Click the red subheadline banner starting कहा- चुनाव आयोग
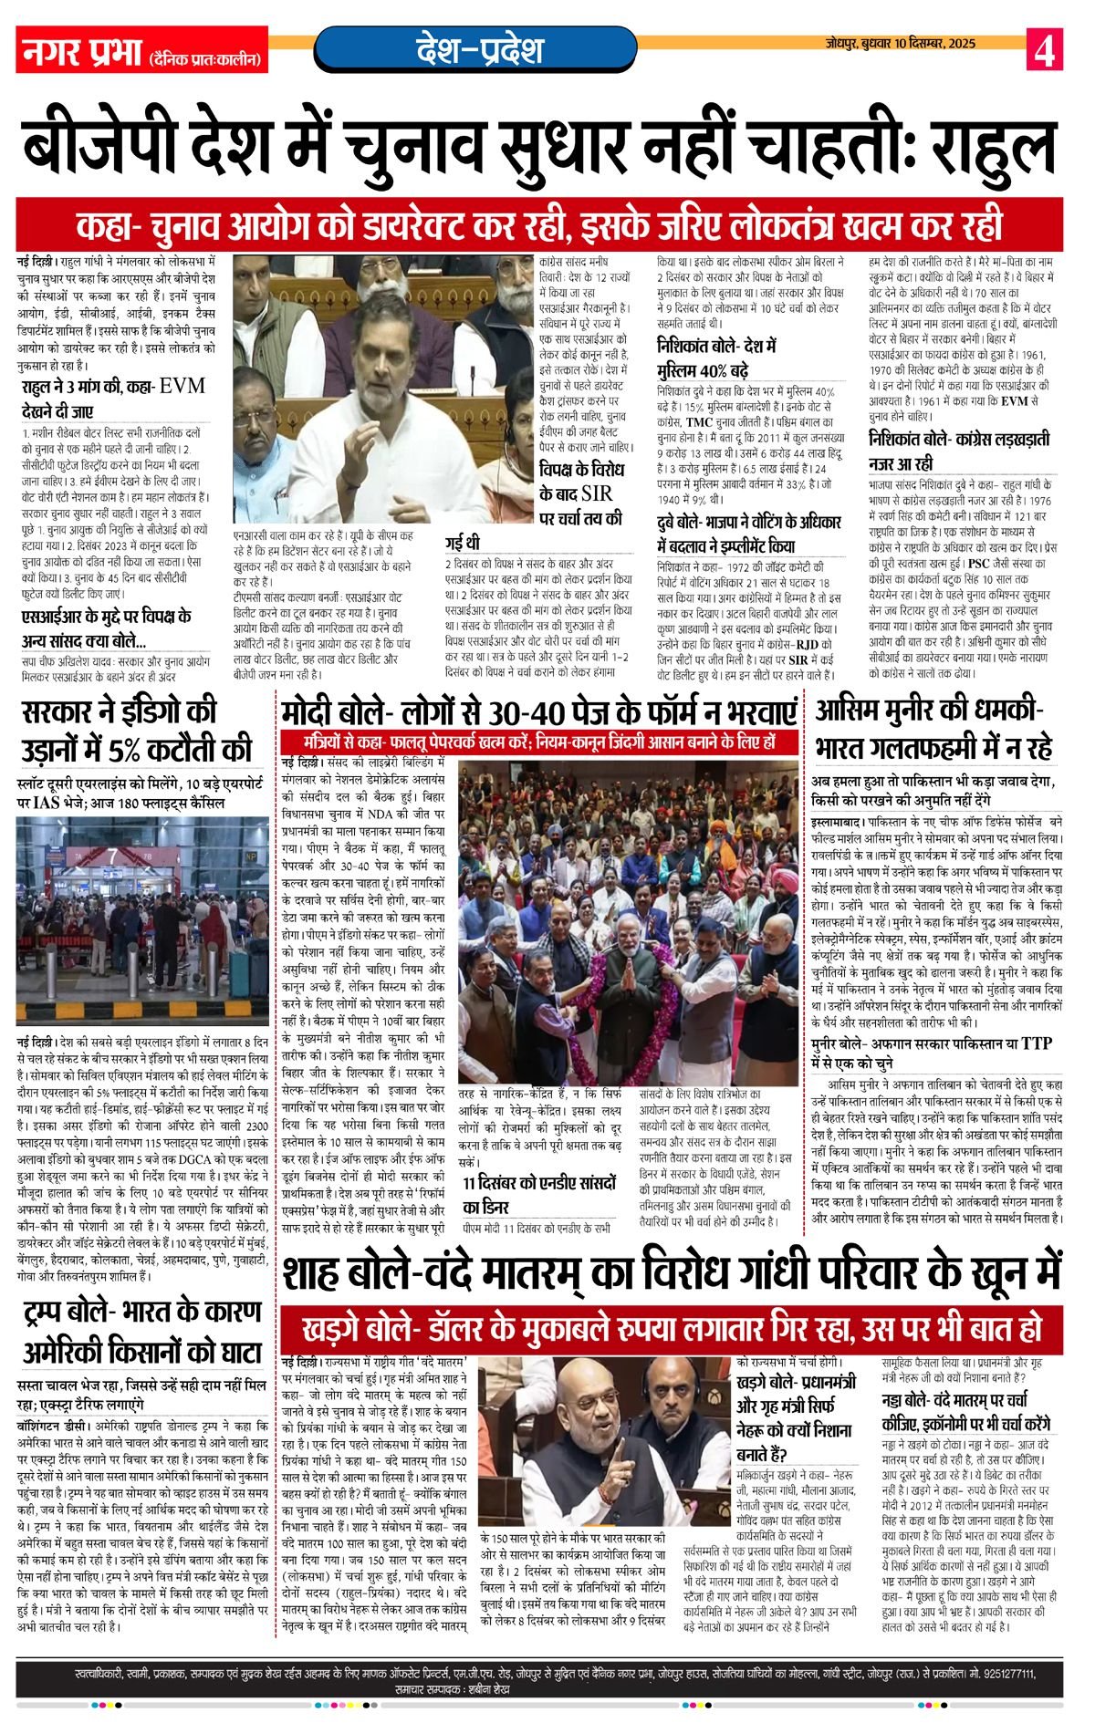(x=538, y=224)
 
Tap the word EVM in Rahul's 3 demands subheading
(x=182, y=386)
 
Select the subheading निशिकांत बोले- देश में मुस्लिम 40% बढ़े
(x=716, y=358)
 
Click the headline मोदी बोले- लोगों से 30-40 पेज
(x=539, y=711)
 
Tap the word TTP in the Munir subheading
(x=1036, y=1043)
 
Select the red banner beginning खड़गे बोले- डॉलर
(x=673, y=1326)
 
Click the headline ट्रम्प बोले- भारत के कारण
(x=143, y=1332)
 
